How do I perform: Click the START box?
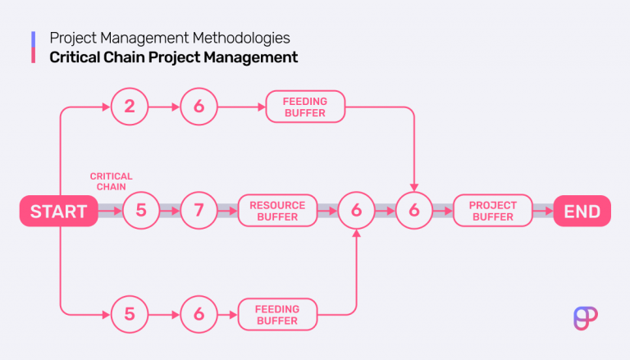pyautogui.click(x=58, y=212)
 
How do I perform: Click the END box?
pyautogui.click(x=582, y=212)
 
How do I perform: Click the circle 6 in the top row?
pyautogui.click(x=198, y=107)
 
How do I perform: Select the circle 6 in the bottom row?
pyautogui.click(x=198, y=314)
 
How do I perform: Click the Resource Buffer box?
pyautogui.click(x=277, y=212)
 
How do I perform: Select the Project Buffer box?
pyautogui.click(x=492, y=212)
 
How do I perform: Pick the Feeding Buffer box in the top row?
pyautogui.click(x=305, y=107)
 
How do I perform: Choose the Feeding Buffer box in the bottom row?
pyautogui.click(x=277, y=314)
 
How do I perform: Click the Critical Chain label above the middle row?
pyautogui.click(x=111, y=181)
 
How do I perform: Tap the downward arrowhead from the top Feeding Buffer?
pyautogui.click(x=414, y=187)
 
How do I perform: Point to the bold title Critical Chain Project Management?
pyautogui.click(x=173, y=57)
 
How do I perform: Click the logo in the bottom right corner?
pyautogui.click(x=586, y=317)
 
